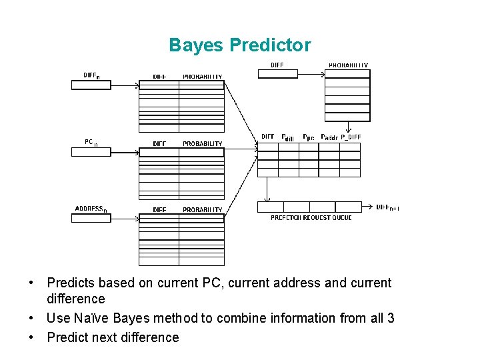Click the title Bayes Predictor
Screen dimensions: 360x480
pos(239,45)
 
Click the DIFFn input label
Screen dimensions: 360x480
pos(91,75)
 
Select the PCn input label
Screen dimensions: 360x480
pos(91,142)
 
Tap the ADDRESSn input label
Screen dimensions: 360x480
pos(92,209)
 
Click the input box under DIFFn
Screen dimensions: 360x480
pos(91,85)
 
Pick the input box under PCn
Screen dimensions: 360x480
pos(91,151)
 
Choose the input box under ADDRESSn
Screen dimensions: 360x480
pos(91,218)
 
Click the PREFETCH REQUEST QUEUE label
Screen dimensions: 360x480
pos(311,218)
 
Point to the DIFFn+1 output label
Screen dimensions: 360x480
pos(387,207)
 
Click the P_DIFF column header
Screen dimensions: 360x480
pos(351,137)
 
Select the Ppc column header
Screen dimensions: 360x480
pos(309,137)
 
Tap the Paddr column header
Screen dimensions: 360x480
pos(329,137)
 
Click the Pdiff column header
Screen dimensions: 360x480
pos(288,137)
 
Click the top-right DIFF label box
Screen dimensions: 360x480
pos(277,73)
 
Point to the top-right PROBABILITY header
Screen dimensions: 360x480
pos(348,65)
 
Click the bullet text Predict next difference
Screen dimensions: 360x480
pos(113,337)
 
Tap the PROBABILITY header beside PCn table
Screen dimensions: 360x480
pos(203,143)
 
